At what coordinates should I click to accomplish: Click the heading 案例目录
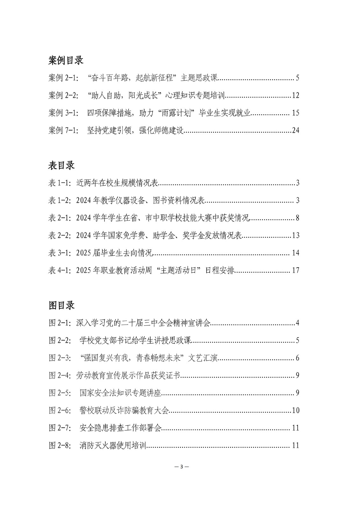pyautogui.click(x=66, y=60)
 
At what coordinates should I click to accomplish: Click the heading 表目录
pyautogui.click(x=61, y=165)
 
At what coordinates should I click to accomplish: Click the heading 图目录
pyautogui.click(x=61, y=305)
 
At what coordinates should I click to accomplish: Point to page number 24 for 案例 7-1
pyautogui.click(x=295, y=130)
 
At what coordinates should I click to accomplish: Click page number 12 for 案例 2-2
pyautogui.click(x=295, y=95)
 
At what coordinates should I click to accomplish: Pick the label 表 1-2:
pyautogui.click(x=61, y=200)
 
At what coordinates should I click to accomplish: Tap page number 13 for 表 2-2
pyautogui.click(x=295, y=235)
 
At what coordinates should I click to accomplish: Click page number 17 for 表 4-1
pyautogui.click(x=295, y=270)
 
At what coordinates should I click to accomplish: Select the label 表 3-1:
pyautogui.click(x=61, y=253)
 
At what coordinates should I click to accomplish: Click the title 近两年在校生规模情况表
pyautogui.click(x=117, y=183)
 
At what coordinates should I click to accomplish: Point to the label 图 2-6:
pyautogui.click(x=61, y=410)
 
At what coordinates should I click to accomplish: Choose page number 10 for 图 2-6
pyautogui.click(x=295, y=410)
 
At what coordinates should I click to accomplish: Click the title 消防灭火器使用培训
pyautogui.click(x=113, y=445)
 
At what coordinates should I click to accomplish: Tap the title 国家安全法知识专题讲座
pyautogui.click(x=121, y=393)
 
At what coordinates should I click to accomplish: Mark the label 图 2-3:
pyautogui.click(x=61, y=358)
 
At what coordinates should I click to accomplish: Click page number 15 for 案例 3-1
pyautogui.click(x=295, y=113)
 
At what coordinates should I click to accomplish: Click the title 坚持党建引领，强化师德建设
pyautogui.click(x=135, y=130)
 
